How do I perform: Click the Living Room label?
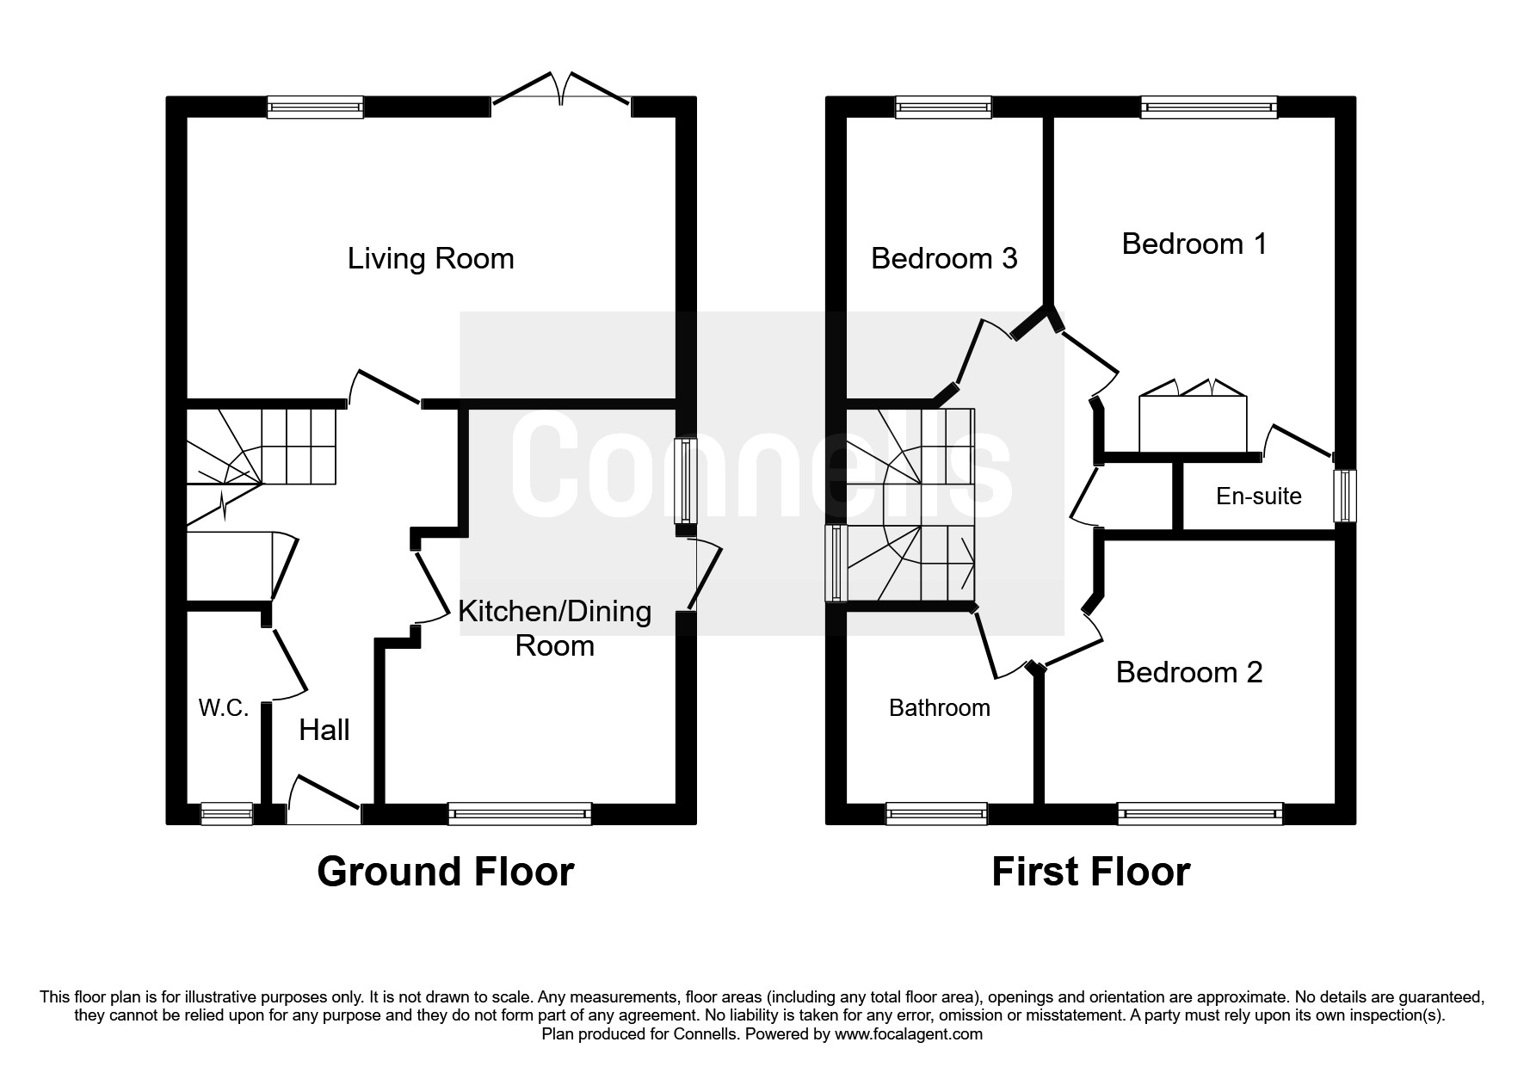coord(430,258)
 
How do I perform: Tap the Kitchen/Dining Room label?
coord(555,628)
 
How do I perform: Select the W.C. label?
coord(224,708)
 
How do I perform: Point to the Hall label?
coord(324,730)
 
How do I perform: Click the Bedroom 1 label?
coord(1194,244)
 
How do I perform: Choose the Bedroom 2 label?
coord(1189,672)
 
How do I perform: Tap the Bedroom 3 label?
coord(944,258)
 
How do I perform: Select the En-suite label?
coord(1259,496)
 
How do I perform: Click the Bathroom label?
coord(940,708)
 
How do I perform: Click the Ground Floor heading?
coord(446,872)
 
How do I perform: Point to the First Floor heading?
coord(1091,872)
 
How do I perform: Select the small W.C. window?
coord(227,814)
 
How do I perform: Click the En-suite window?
coord(1346,496)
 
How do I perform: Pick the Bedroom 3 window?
coord(945,107)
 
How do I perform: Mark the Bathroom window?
coord(937,814)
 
